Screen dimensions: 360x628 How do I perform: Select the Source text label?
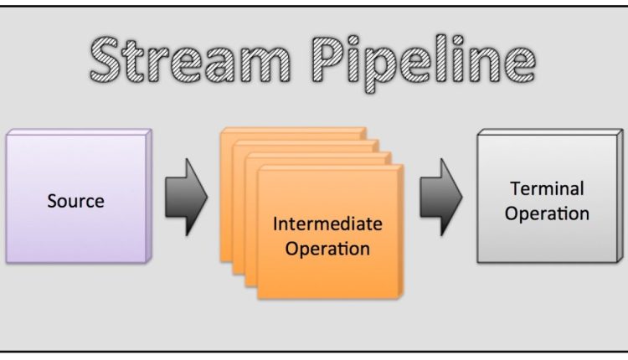(x=75, y=201)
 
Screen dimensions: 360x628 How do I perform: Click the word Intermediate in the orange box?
(x=327, y=224)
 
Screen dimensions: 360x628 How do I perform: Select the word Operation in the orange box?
(x=327, y=249)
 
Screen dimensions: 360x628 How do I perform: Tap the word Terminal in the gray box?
(x=547, y=188)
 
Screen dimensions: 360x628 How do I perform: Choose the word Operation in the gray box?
(x=547, y=213)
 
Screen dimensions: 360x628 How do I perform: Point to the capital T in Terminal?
(x=513, y=188)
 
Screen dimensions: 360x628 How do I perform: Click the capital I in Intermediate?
(x=276, y=224)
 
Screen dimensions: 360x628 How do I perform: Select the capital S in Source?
(x=51, y=202)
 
